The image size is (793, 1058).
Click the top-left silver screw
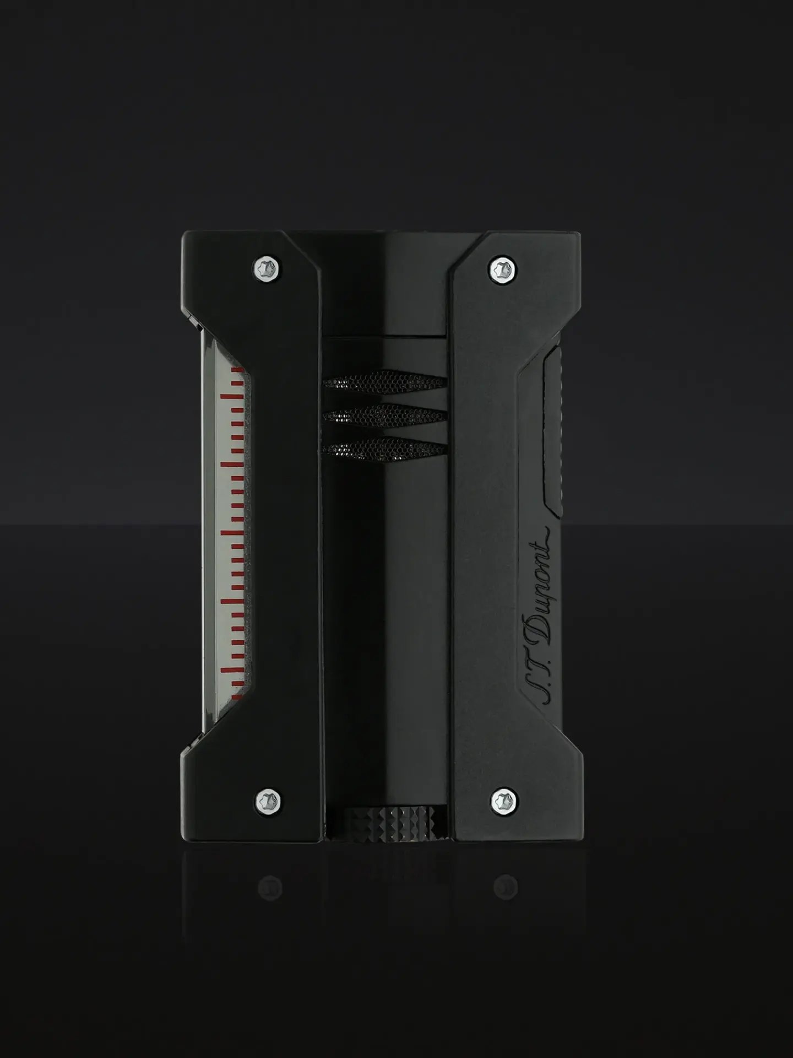point(268,268)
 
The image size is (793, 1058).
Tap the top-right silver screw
point(502,270)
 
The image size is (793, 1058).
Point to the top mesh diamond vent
point(384,382)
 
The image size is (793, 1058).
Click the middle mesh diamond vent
point(384,415)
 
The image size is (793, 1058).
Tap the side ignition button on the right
point(552,430)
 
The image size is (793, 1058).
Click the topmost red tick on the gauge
point(237,370)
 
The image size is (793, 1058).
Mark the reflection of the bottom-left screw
point(269,887)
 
